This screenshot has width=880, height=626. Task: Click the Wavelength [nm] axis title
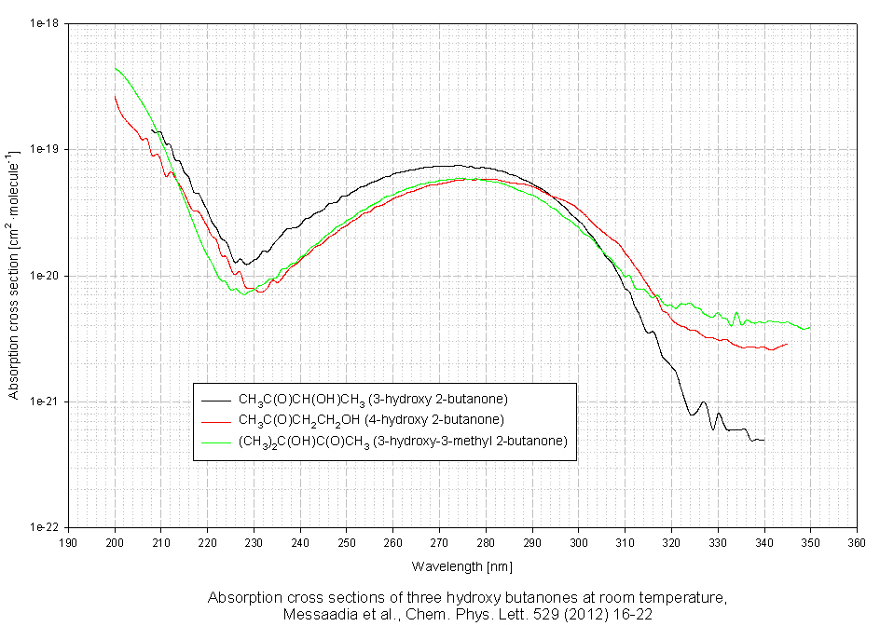(x=462, y=565)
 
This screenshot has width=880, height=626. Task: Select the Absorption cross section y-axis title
(x=14, y=276)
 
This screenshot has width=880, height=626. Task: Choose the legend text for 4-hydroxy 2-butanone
(x=371, y=419)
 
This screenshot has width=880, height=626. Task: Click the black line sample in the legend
(x=215, y=400)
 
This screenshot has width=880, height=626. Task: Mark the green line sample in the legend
(x=215, y=441)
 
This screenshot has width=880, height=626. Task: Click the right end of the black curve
(x=763, y=440)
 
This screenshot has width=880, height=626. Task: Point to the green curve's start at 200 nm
(x=116, y=68)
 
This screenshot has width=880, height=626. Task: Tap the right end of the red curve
(x=787, y=345)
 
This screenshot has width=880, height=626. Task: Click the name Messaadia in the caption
(x=321, y=615)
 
